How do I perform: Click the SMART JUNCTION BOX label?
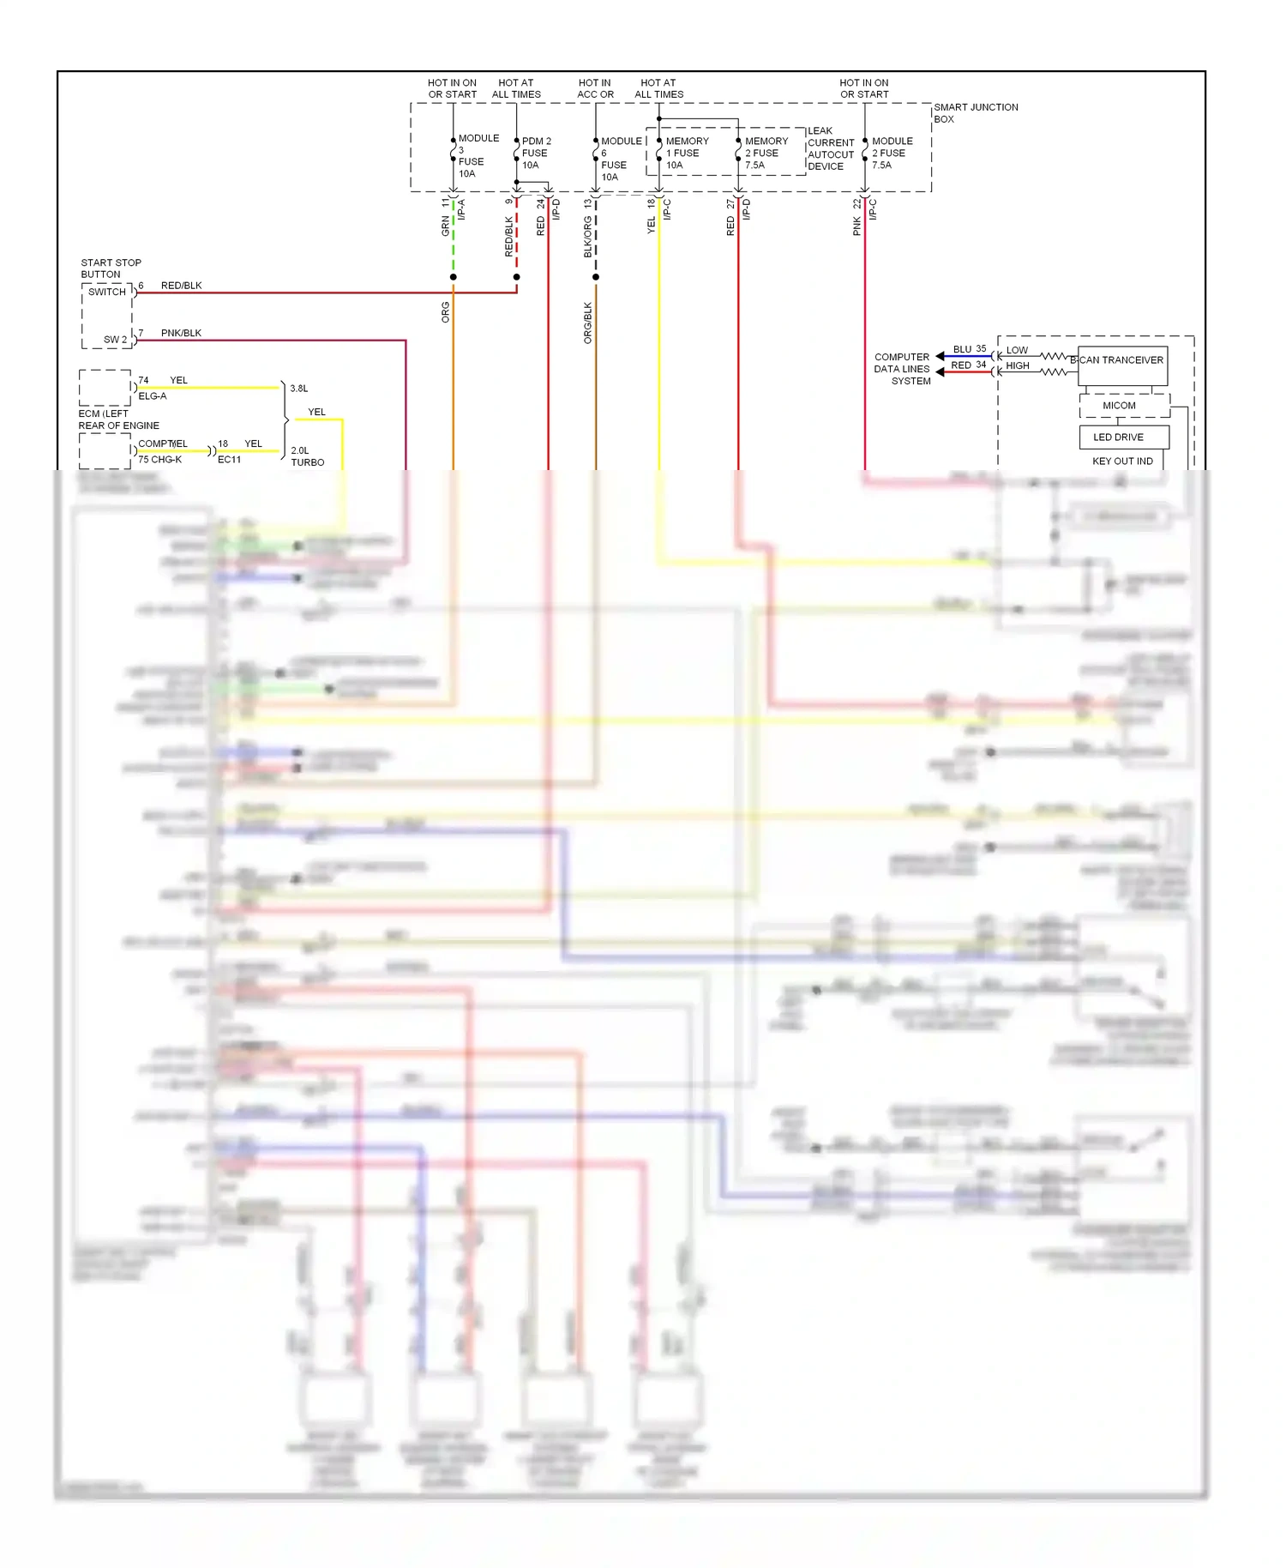[975, 113]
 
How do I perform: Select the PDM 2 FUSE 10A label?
[535, 153]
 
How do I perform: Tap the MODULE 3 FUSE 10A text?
[477, 155]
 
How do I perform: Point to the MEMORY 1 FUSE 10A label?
[686, 153]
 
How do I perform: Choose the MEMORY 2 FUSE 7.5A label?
[765, 153]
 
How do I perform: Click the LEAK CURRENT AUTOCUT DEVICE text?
[830, 149]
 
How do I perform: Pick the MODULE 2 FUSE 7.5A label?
[892, 153]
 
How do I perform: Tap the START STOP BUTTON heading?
[111, 268]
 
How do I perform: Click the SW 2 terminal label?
[115, 340]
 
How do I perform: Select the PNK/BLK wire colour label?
[181, 333]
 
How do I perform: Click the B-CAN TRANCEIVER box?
[1121, 360]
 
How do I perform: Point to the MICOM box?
[1119, 406]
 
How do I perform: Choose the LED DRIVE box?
[1118, 437]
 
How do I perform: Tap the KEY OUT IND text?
[1122, 461]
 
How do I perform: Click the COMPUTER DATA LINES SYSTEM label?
[902, 369]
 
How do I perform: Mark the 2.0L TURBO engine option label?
[307, 456]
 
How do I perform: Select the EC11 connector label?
[229, 460]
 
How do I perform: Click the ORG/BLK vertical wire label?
[588, 323]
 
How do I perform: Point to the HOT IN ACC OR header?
[595, 89]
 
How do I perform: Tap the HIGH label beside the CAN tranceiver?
[1017, 366]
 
